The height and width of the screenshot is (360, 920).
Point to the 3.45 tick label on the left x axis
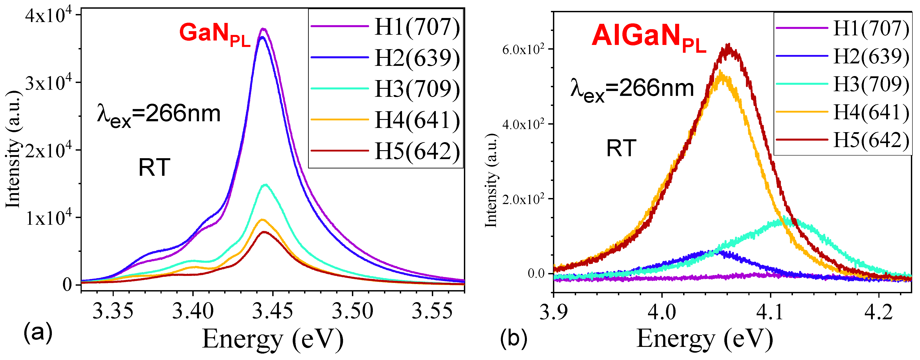pos(272,311)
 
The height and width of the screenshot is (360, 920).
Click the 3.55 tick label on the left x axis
pos(432,311)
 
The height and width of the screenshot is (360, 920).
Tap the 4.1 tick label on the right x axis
pos(770,311)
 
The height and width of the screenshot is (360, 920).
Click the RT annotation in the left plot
pos(154,167)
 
